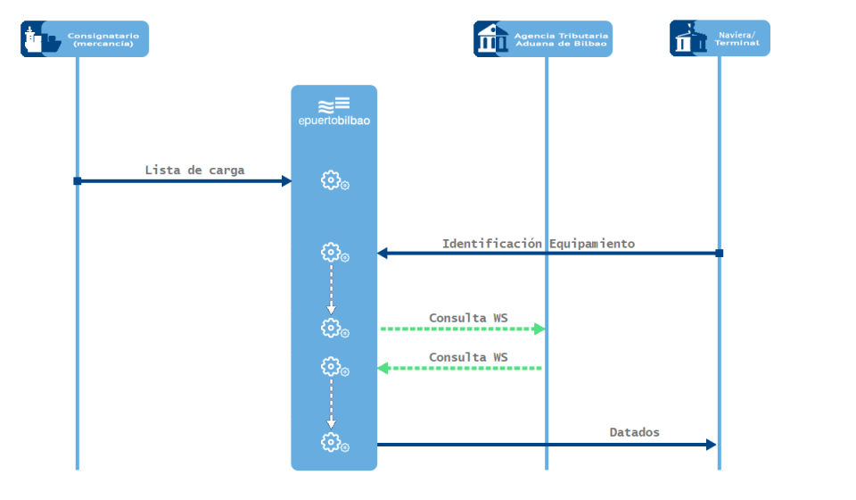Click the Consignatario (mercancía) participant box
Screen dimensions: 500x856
85,39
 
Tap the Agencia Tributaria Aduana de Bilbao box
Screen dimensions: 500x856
543,39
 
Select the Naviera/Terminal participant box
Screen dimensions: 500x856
720,38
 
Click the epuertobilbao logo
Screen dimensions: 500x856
334,112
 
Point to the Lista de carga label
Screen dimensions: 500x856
194,170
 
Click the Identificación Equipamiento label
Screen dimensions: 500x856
539,243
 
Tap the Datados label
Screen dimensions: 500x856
635,432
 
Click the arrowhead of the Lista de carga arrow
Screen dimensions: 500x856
286,181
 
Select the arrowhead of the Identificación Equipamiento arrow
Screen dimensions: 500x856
383,254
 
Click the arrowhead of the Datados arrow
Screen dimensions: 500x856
712,445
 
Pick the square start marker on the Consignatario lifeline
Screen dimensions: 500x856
78,181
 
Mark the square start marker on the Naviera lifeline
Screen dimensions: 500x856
720,254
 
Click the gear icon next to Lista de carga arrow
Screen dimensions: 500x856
332,180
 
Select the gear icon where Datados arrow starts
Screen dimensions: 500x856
332,442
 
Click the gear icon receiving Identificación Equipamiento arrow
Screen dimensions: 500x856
332,253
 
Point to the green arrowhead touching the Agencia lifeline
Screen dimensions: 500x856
539,329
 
